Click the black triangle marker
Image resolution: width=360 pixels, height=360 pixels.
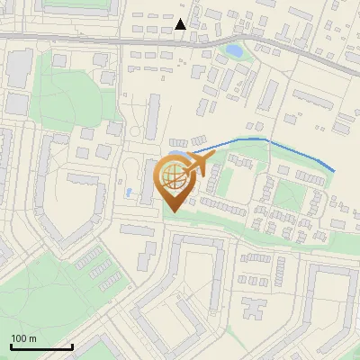(x=181, y=24)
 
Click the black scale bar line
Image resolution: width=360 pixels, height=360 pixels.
(x=41, y=347)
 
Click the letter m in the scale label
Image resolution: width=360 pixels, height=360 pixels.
(x=32, y=338)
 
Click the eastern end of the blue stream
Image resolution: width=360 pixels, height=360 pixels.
(x=334, y=170)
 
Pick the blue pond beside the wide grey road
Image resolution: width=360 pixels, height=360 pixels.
(x=234, y=51)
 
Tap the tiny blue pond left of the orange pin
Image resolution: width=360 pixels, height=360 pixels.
(x=132, y=192)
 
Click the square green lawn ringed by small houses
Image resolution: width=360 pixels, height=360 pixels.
(x=289, y=194)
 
